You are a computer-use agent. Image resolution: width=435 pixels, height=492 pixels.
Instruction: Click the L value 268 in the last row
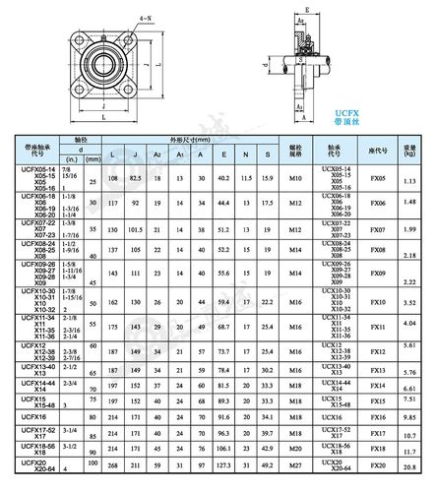coord(113,466)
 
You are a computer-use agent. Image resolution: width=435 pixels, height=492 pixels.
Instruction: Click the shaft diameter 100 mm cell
coord(92,462)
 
